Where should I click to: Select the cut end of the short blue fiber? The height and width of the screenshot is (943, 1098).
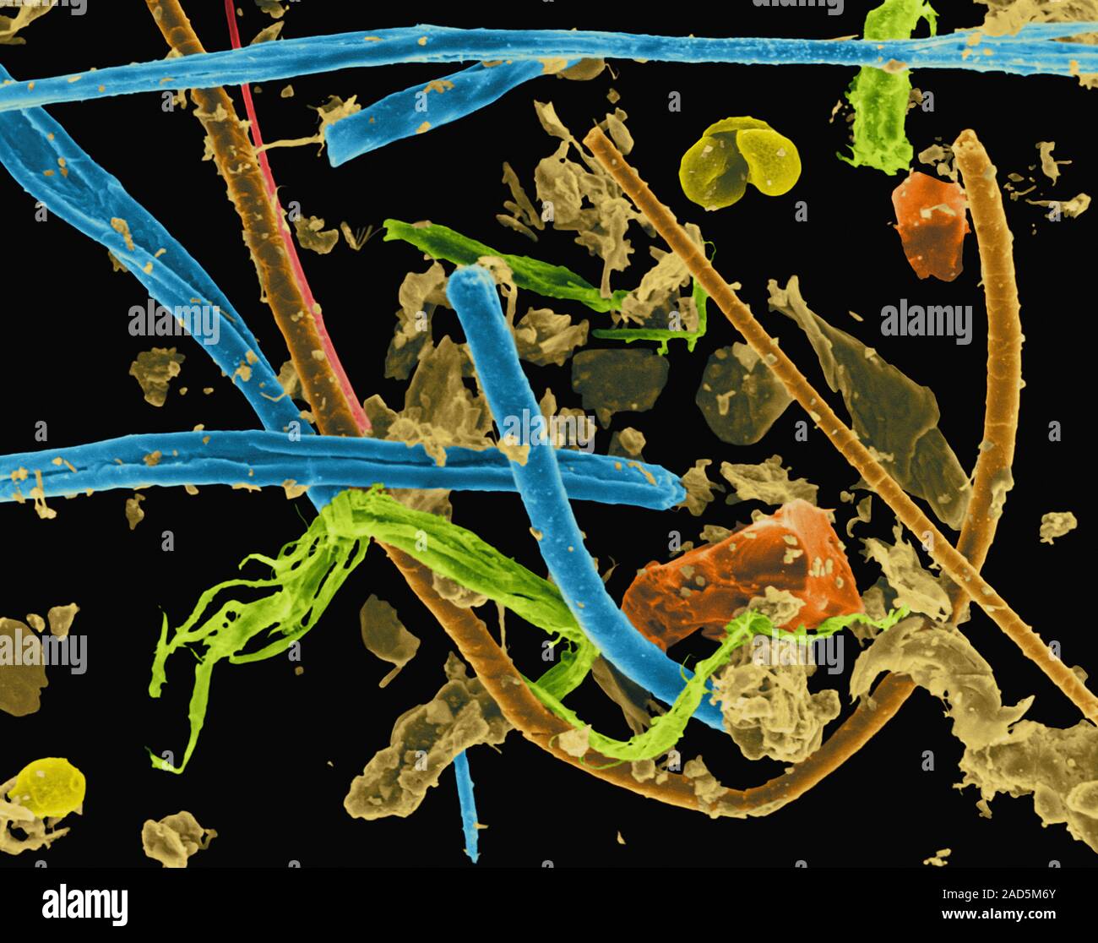[x=335, y=144]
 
